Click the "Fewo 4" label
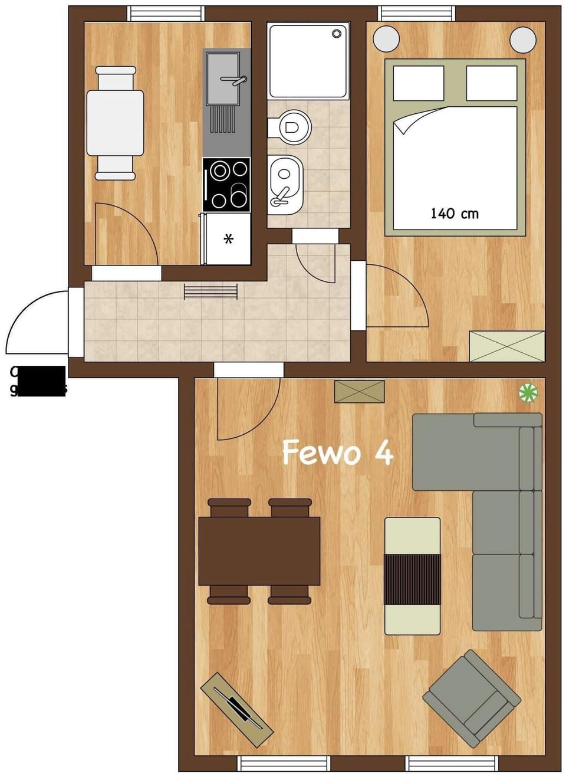[337, 453]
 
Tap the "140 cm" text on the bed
[454, 214]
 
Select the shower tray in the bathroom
[307, 60]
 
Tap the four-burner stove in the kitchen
[226, 185]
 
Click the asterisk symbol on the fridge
[229, 239]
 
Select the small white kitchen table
[115, 123]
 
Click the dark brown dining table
[259, 550]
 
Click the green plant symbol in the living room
[528, 392]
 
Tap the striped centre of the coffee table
[412, 579]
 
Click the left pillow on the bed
[419, 83]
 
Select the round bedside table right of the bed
[522, 40]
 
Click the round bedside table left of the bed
[386, 40]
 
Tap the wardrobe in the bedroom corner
[506, 346]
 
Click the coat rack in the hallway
[210, 291]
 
